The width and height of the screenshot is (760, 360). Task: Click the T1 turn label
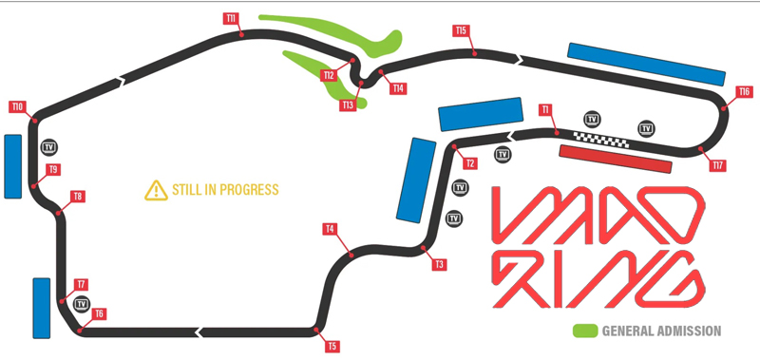coord(545,109)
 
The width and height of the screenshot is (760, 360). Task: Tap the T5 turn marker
coord(332,347)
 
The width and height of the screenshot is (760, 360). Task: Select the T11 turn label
coord(232,18)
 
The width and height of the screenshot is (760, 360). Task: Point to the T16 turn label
coord(745,91)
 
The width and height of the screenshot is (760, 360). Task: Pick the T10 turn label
coord(17,106)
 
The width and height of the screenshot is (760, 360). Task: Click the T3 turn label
coord(439,265)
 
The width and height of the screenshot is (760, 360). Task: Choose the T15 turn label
coord(461,30)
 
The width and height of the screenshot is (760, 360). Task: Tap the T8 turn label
coord(78,197)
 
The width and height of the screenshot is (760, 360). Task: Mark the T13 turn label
coord(348,104)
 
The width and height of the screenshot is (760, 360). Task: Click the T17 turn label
coord(718,165)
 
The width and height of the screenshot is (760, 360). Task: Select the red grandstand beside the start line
coord(617,159)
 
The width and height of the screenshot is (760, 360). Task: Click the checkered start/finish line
coord(601,140)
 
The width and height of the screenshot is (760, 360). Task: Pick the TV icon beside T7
coord(81,304)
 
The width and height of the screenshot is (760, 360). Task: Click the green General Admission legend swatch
coord(584,331)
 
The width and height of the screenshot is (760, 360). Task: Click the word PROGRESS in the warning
coord(245,189)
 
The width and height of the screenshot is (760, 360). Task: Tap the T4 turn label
coord(330,229)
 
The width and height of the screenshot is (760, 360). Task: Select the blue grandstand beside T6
coord(41,308)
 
